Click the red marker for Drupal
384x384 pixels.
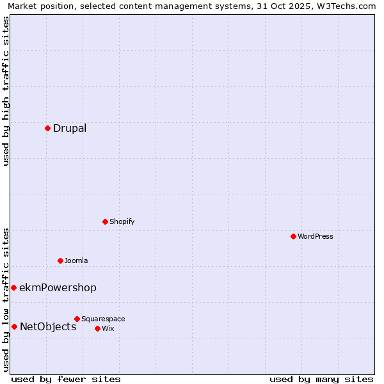47,128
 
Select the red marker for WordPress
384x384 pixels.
293,236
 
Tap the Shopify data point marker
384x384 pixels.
105,221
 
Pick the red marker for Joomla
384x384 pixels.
60,260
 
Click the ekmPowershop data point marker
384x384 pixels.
13,288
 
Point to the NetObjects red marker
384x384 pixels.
14,326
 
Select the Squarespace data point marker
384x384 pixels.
77,319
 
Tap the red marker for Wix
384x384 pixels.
97,328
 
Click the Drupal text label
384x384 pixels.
70,129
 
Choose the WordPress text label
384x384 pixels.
316,237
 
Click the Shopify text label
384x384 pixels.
122,222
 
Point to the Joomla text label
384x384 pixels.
76,261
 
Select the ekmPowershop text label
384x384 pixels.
58,288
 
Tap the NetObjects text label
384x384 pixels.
48,327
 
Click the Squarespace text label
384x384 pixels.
103,319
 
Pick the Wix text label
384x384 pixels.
108,329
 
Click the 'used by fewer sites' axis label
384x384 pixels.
66,379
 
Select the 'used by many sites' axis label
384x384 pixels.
321,379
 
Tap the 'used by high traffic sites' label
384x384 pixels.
6,91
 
